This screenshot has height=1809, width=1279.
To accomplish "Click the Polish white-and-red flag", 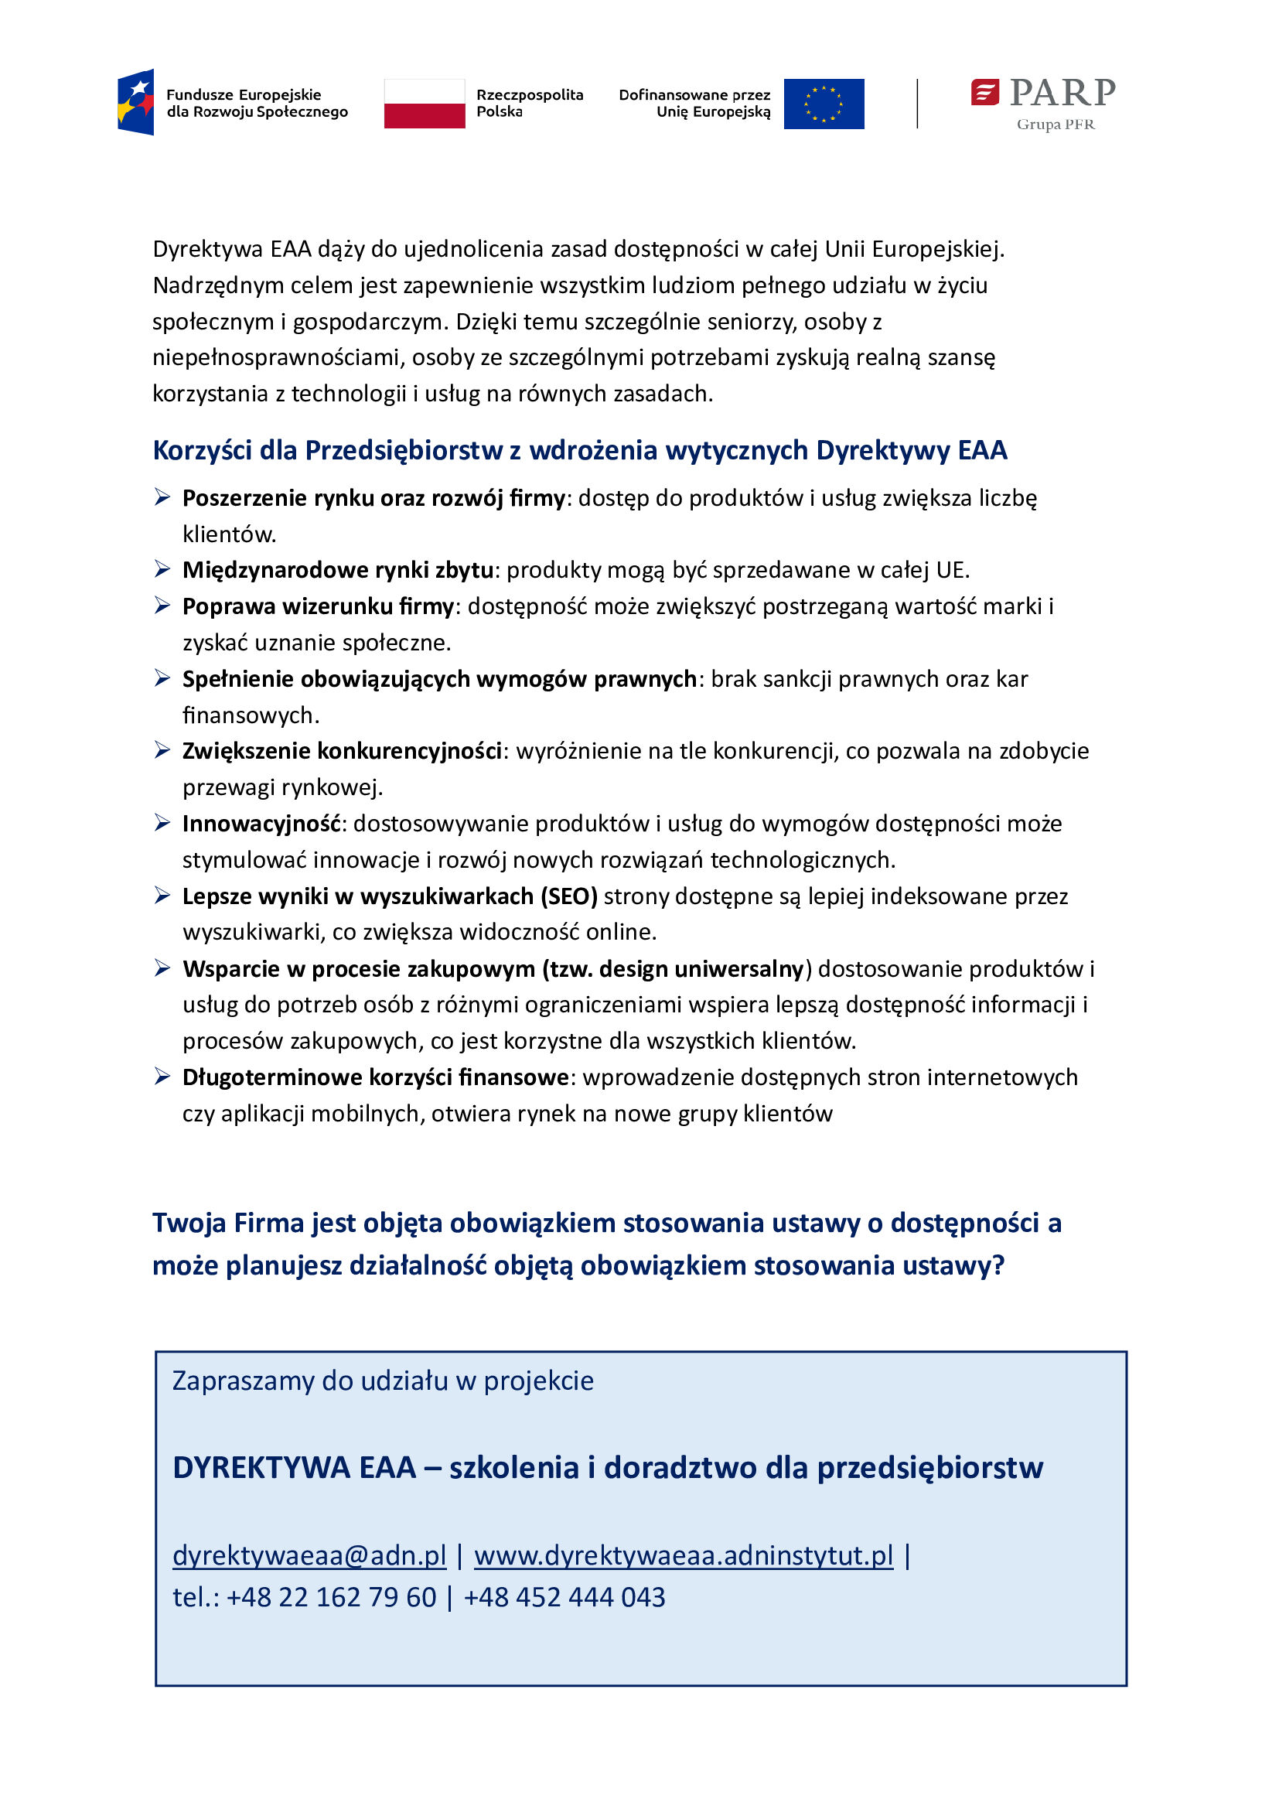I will pos(424,103).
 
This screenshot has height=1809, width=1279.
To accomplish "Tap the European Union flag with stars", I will pos(824,103).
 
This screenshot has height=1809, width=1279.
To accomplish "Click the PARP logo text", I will pos(1062,93).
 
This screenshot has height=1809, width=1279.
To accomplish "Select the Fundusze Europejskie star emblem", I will pos(136,102).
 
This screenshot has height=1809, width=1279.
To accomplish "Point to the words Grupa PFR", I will pos(1056,125).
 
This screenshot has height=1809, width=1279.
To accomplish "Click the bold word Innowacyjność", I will pos(261,824).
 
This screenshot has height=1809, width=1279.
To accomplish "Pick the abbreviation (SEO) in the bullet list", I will pos(568,896).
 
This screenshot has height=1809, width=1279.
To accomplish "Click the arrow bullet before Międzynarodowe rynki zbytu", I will pos(162,569).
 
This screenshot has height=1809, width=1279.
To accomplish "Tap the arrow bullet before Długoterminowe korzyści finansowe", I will pos(162,1077).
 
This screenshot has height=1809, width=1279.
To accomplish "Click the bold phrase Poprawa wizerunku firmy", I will pos(318,606).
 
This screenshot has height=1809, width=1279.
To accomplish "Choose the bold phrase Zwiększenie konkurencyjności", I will pos(342,752).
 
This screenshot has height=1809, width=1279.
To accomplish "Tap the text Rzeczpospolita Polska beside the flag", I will pos(529,103).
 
